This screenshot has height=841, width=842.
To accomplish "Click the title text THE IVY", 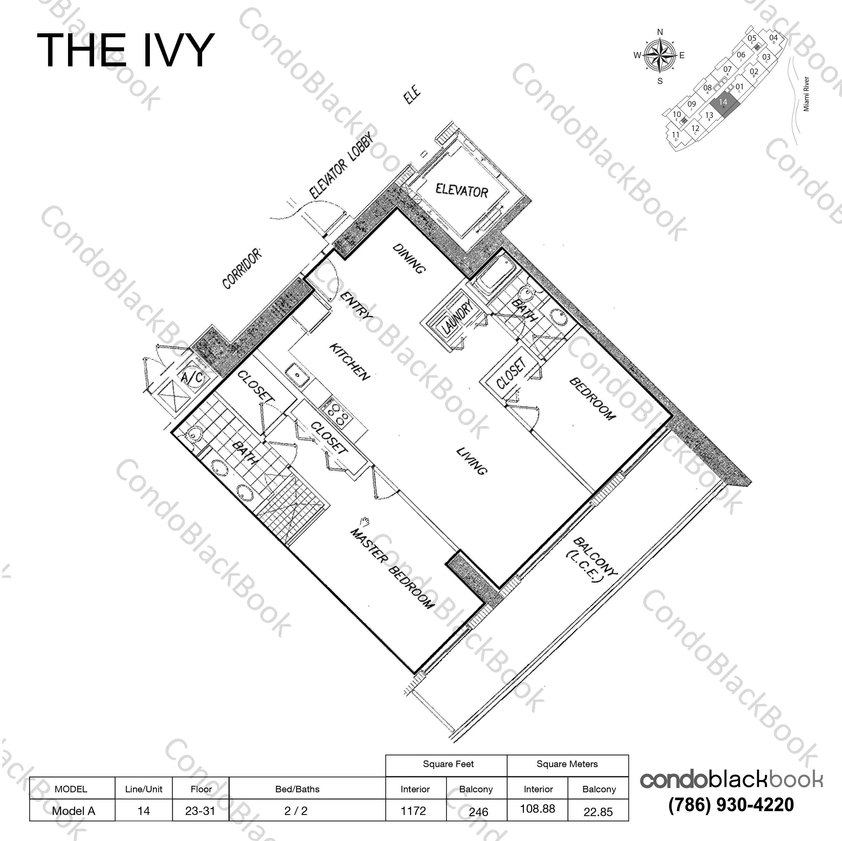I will pos(125,51).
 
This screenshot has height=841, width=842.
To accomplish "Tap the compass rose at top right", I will pos(659,56).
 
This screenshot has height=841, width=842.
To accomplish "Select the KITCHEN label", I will pos(349,362).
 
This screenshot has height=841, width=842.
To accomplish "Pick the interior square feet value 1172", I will pos(413,811).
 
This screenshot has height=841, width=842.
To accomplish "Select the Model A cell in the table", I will pos(73,811).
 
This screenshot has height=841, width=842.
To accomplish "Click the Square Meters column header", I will pos(567,764).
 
